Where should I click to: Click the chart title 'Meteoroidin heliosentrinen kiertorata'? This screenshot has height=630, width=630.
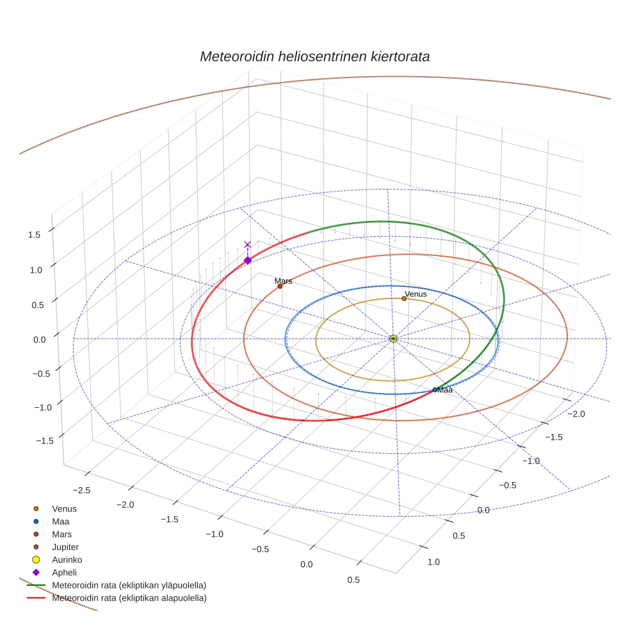(314, 56)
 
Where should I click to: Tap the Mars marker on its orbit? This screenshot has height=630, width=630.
(280, 286)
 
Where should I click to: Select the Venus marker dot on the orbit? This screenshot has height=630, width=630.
(404, 298)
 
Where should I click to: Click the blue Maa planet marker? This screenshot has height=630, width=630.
(435, 389)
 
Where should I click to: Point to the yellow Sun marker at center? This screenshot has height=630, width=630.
(393, 339)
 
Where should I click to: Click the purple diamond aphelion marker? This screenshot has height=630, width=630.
(248, 260)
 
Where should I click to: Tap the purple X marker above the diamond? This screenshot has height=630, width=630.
(248, 245)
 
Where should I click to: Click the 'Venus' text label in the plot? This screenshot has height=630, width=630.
(416, 294)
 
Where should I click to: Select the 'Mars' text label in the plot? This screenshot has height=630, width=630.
(284, 280)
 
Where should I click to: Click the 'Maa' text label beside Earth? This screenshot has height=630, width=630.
(446, 389)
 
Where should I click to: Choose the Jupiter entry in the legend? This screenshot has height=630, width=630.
(65, 547)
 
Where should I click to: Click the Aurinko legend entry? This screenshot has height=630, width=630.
(67, 560)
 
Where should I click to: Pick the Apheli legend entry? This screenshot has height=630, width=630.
(63, 572)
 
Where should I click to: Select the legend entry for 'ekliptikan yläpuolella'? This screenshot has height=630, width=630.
(129, 585)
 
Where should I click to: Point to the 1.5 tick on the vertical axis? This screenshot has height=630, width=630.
(34, 234)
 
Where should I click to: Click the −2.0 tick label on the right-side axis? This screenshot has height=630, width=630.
(577, 414)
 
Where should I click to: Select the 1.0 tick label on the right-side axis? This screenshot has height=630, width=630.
(434, 561)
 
